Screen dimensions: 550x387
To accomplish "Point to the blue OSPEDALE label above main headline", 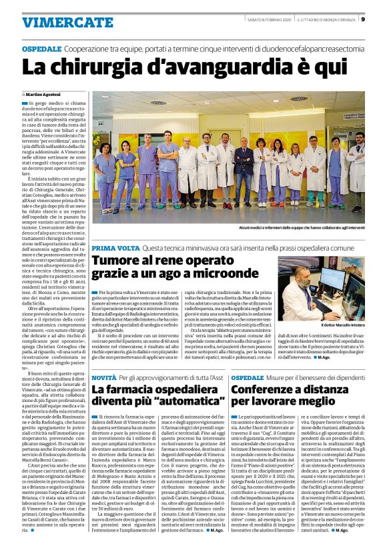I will point(42,49).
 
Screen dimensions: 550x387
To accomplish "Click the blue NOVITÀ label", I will point(105,378).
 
